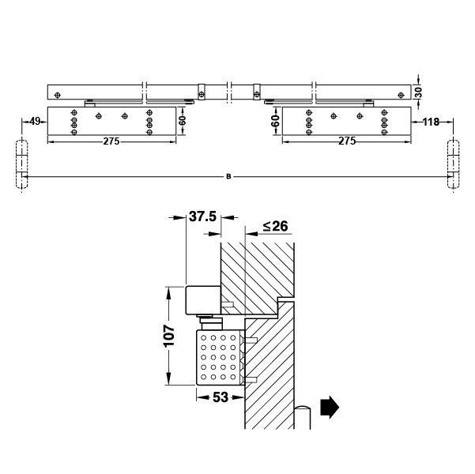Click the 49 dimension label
coord(35,122)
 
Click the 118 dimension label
coord(431,122)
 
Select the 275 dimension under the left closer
coord(111,141)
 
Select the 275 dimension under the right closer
coord(347,141)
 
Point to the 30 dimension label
coord(418,92)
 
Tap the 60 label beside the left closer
coord(182,120)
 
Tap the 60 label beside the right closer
coord(275,121)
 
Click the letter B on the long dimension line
coord(228,176)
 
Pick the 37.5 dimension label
coord(202,217)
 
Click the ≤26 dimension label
coord(276,226)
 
